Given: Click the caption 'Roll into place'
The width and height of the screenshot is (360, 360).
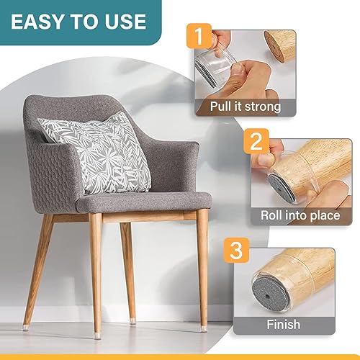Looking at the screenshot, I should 304,215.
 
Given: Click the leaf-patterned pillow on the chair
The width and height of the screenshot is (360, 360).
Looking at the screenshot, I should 96,154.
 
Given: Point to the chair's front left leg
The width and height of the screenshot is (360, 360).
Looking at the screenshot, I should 95,274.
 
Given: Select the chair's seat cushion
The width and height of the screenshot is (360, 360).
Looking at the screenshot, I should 144,201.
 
